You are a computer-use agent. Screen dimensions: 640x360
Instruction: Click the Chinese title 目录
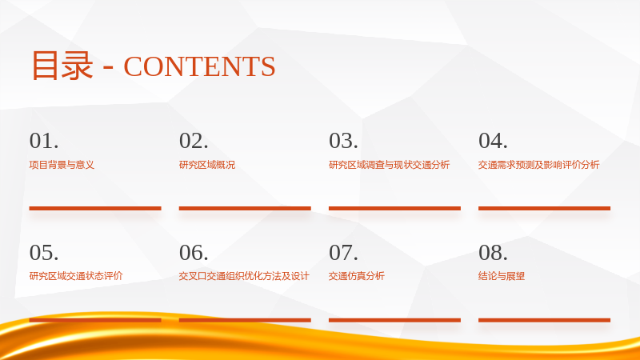62,66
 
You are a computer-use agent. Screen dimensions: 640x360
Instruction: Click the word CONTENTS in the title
199,66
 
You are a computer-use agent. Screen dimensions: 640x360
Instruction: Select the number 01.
44,141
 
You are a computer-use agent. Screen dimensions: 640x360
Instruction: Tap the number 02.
194,141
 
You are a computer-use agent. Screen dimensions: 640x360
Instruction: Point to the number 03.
344,141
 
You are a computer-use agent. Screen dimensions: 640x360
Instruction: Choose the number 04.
493,141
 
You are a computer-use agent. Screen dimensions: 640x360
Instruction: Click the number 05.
44,253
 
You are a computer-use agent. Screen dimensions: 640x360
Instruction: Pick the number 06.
194,253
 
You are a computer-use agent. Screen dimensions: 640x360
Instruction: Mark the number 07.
344,253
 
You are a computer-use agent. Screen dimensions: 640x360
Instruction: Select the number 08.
493,253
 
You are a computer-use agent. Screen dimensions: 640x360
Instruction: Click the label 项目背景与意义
62,165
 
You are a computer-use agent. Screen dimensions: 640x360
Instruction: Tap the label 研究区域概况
207,165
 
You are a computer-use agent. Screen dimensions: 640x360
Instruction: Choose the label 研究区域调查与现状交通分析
389,165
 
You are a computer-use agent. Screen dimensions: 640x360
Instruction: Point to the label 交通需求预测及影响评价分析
538,165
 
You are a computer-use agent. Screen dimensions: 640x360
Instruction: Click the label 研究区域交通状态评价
76,276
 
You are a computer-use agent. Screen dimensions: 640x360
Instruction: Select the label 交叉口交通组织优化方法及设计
244,276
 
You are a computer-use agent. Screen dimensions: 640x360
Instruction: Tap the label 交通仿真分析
357,276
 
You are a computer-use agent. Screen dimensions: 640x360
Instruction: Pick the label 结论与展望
502,276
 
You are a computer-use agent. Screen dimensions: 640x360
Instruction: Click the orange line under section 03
394,208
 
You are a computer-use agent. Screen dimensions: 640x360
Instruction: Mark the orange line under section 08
545,320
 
